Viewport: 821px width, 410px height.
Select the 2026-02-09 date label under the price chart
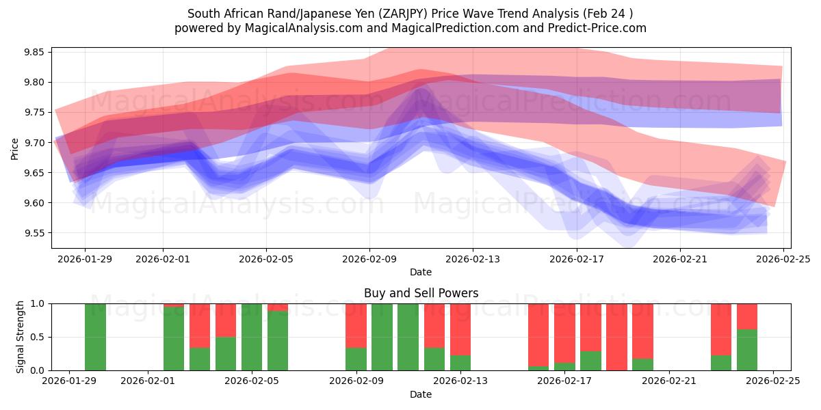pos(369,259)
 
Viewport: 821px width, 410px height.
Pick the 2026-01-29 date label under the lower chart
pos(68,381)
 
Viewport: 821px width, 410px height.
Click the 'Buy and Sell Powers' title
pos(421,293)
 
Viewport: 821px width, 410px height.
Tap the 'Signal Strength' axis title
pos(21,337)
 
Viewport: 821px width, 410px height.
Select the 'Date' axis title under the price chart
pos(421,272)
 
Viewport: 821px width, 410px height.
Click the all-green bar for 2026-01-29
pos(95,337)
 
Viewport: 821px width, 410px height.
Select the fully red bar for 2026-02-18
pos(616,337)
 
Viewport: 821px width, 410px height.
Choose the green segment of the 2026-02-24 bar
pos(747,350)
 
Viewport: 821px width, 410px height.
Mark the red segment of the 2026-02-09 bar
pos(356,325)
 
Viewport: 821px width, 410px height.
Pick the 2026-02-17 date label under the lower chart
pos(564,381)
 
